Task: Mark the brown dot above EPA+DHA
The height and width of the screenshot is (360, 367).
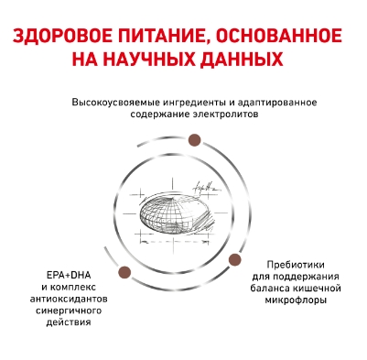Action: [124, 271]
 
